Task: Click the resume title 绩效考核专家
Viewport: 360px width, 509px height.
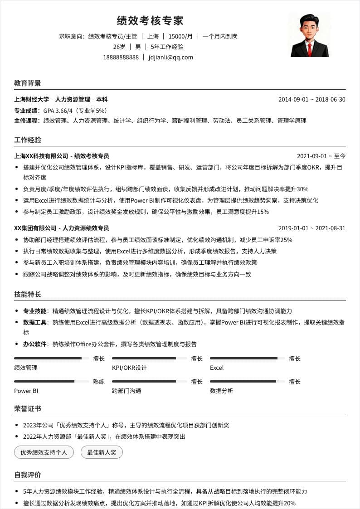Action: pos(150,21)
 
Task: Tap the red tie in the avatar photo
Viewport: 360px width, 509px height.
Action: pos(310,49)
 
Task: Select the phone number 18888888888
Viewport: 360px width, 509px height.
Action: pos(121,58)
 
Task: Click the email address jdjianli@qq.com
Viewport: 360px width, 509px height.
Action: pos(171,58)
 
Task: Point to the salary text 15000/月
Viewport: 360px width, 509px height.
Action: pos(180,36)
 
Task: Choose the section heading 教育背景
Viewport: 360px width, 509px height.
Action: pos(28,83)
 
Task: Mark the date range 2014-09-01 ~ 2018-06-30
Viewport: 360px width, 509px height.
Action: pos(311,100)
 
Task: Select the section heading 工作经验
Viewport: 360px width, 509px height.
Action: pos(28,140)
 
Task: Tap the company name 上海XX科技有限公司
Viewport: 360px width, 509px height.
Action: pos(41,156)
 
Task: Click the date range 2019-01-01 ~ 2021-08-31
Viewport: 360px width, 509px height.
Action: pos(311,228)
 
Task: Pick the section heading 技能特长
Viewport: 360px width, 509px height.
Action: pos(28,295)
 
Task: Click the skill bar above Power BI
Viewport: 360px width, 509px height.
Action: pos(51,382)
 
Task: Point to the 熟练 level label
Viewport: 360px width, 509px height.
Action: pos(99,382)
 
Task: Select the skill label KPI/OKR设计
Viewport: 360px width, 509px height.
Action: pos(129,368)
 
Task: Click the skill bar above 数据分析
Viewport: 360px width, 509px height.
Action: pos(247,382)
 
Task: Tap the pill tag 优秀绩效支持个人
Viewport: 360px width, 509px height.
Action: pos(44,452)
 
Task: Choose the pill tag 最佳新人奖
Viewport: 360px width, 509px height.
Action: pos(102,452)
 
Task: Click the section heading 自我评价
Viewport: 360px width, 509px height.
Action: pos(28,475)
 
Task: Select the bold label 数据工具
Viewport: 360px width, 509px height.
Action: pos(35,322)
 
